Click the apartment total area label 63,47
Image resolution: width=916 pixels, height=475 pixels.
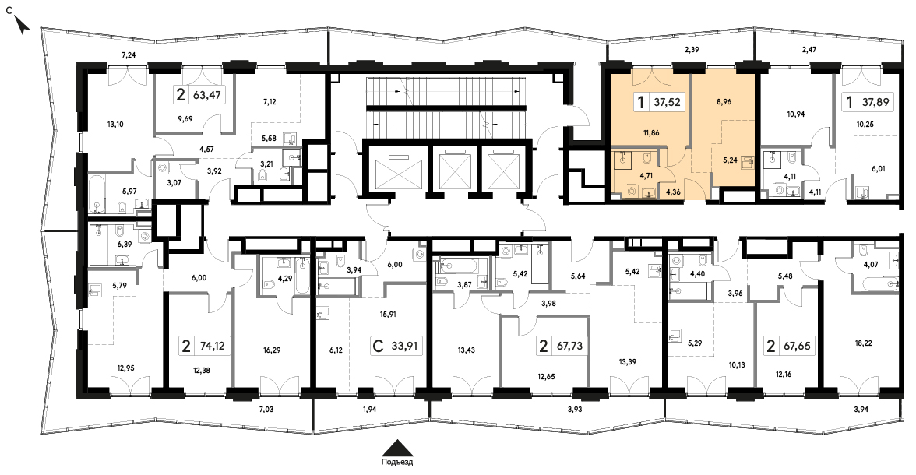[209, 94]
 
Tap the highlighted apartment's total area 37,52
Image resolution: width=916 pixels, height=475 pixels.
[668, 103]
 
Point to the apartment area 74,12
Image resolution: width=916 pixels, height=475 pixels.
[212, 346]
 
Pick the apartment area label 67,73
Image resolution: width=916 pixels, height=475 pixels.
[569, 346]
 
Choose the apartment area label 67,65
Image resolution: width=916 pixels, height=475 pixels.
[796, 346]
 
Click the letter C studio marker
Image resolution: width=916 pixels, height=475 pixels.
[377, 346]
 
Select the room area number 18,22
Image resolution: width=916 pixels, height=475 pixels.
[863, 343]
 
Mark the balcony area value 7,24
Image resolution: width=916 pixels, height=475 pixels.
[129, 55]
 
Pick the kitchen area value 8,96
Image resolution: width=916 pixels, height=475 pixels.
[723, 102]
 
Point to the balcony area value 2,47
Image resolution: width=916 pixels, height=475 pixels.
[809, 51]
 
